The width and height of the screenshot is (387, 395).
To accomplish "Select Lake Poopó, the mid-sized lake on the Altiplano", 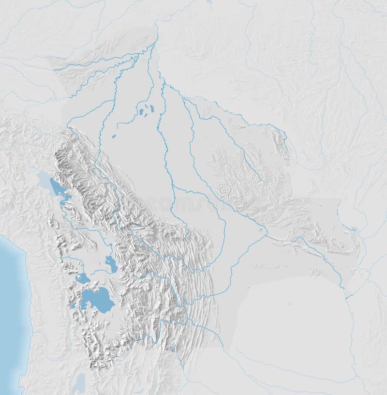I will (111, 264).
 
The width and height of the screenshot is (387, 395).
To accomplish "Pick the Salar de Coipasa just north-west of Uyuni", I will (82, 278).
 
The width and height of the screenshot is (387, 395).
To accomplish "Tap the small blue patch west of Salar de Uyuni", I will (74, 305).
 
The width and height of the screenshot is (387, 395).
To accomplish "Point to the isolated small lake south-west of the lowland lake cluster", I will (114, 137).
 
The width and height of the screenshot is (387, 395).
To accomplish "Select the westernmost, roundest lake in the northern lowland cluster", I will (141, 112).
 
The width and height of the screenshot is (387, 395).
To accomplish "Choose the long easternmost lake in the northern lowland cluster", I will (152, 108).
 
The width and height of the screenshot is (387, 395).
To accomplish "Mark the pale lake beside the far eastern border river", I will (355, 228).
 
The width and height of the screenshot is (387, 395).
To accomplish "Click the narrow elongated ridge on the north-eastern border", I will (281, 143).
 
